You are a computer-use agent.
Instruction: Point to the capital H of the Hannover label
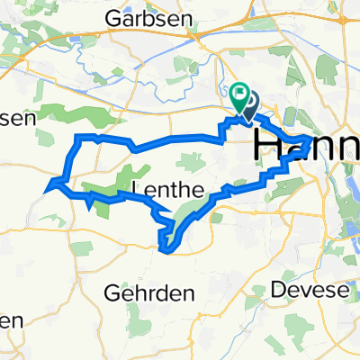click(x=270, y=146)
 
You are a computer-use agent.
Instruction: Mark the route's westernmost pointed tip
click(x=45, y=188)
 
